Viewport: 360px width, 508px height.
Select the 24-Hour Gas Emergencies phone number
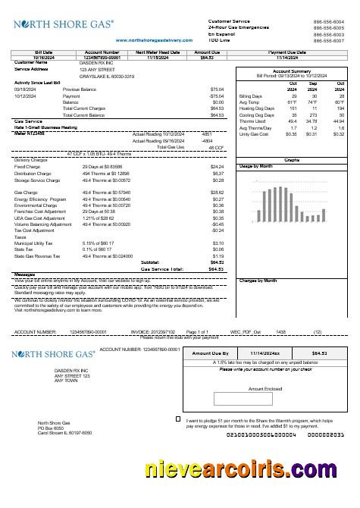point(328,28)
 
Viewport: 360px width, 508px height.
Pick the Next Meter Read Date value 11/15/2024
point(152,57)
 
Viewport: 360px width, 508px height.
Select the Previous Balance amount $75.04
point(217,89)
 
